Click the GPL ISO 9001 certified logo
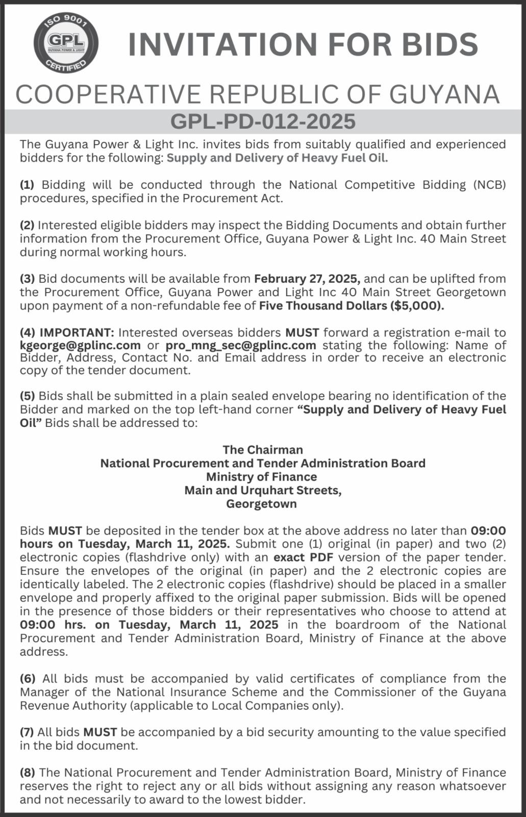[65, 43]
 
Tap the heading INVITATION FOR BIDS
[303, 44]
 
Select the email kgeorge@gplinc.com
[80, 345]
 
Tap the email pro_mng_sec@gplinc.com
[241, 345]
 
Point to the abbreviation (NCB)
[489, 185]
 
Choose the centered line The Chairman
[263, 450]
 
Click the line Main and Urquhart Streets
[263, 490]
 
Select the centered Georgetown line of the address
[261, 504]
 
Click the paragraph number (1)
[27, 185]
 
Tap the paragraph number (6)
[28, 679]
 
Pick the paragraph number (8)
[27, 773]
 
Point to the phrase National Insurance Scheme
[197, 692]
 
